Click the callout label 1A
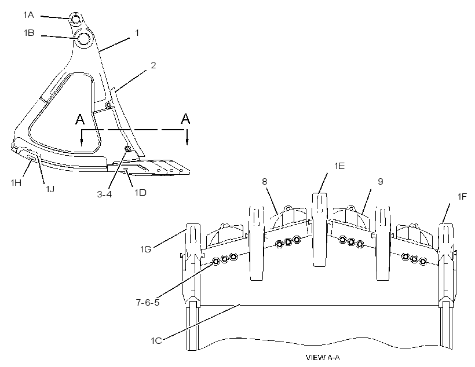pos(28,14)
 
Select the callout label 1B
pos(29,32)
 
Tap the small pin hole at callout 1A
pos(75,19)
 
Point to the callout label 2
pos(154,65)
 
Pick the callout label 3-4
pos(104,194)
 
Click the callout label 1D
pos(141,193)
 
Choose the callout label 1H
pos(16,182)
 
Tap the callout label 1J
pos(50,189)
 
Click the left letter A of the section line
pos(80,119)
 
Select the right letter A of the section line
pos(185,119)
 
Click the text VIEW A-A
pos(323,358)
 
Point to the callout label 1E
pos(339,166)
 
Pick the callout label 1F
pos(462,197)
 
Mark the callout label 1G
pos(145,249)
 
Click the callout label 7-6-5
pos(148,303)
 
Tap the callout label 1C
pos(156,341)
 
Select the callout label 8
pos(265,182)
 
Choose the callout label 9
pos(381,181)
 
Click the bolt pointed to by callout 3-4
pos(127,149)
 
